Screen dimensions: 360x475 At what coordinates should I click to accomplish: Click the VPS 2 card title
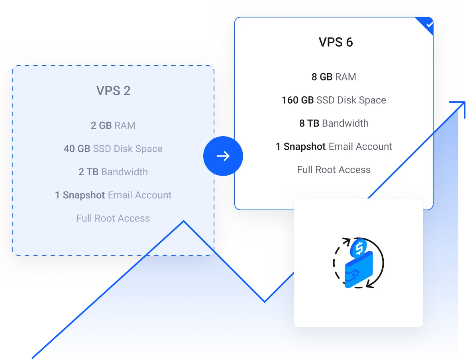coord(113,91)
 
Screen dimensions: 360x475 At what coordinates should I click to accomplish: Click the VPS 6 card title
coord(336,42)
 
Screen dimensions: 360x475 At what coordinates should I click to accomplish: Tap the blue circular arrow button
coord(223,156)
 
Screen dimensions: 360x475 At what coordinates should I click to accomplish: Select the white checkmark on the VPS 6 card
coord(429,24)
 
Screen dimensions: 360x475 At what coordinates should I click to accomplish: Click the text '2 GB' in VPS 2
coord(101,125)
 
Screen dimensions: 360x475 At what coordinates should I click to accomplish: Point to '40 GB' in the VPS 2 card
coord(77,149)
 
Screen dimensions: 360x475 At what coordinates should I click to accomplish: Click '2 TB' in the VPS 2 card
coord(88,172)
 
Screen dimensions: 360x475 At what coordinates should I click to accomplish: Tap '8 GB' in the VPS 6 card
coord(322,77)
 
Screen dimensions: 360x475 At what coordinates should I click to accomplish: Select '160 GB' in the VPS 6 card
coord(298,100)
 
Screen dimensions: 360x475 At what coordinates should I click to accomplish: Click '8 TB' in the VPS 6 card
coord(309,123)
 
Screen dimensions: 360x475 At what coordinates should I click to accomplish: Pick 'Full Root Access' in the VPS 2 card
coord(113,218)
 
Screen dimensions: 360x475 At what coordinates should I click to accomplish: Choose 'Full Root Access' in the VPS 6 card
coord(334,170)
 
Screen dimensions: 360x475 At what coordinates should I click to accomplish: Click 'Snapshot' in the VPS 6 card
coord(304,147)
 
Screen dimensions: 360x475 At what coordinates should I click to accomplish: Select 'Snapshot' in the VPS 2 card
coord(84,195)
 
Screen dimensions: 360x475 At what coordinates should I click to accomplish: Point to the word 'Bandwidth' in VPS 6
coord(345,123)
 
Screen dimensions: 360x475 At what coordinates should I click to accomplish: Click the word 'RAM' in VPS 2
coord(125,125)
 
